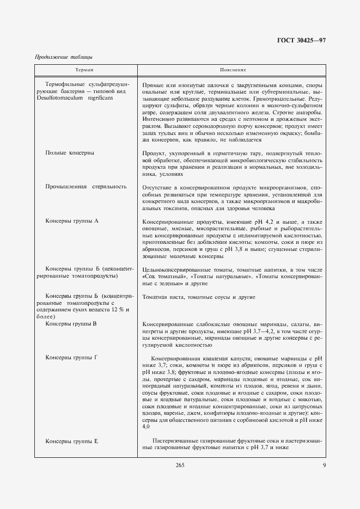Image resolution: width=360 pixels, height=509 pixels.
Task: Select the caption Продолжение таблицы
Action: coord(64,57)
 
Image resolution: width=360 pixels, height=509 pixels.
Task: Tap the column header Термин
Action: coord(85,70)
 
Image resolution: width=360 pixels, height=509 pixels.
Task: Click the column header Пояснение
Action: coord(233,70)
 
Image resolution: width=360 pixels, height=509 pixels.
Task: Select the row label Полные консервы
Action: coord(70,153)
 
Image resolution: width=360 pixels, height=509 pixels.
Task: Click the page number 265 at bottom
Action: coord(180,464)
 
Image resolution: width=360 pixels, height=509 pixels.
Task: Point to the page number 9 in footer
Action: coord(324,464)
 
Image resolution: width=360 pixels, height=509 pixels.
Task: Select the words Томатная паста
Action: coord(163,297)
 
